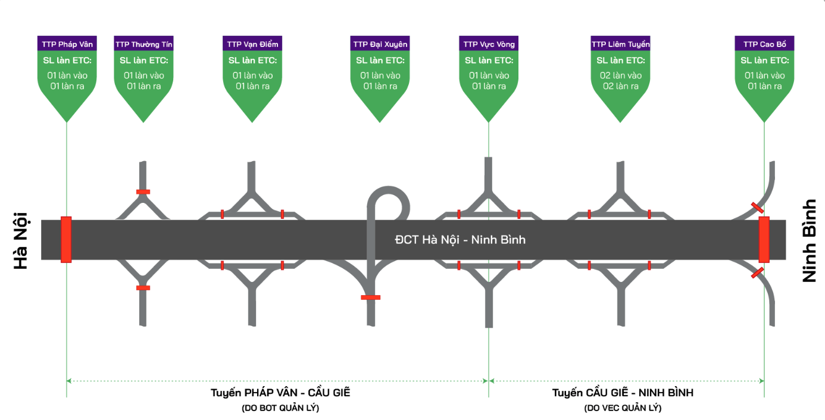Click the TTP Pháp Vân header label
(67, 44)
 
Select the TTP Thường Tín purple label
(144, 44)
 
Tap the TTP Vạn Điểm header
(253, 44)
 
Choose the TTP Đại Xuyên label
(380, 44)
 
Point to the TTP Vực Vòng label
(489, 44)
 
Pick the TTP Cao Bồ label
(764, 44)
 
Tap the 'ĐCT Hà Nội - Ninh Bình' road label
(460, 240)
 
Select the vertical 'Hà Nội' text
(21, 240)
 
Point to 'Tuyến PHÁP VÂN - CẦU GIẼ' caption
(281, 393)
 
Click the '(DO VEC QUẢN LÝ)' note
(623, 408)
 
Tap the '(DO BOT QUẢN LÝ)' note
(280, 408)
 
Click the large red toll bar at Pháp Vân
(66, 239)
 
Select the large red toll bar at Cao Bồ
(764, 239)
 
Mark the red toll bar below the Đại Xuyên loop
(370, 297)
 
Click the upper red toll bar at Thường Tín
(143, 192)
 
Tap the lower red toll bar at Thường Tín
(143, 288)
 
